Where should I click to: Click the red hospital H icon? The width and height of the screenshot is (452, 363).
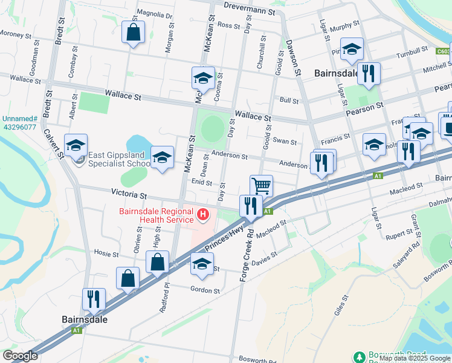pos(203,214)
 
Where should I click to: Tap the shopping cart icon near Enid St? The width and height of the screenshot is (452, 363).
pos(261,185)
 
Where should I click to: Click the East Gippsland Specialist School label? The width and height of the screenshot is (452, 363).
pos(119,159)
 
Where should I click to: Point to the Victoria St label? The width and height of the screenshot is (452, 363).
pos(129,195)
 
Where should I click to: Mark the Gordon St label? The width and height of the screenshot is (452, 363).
pos(205,290)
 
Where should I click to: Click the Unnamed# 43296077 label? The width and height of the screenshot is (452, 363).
pos(19,123)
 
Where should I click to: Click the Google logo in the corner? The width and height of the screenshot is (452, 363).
pos(20,356)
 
